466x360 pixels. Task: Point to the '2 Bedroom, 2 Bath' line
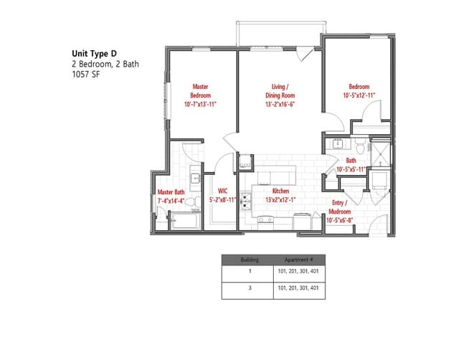point(105,63)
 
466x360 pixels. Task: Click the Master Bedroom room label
point(200,95)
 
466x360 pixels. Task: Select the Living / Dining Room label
point(280,95)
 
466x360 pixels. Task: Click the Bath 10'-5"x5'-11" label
point(351,165)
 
